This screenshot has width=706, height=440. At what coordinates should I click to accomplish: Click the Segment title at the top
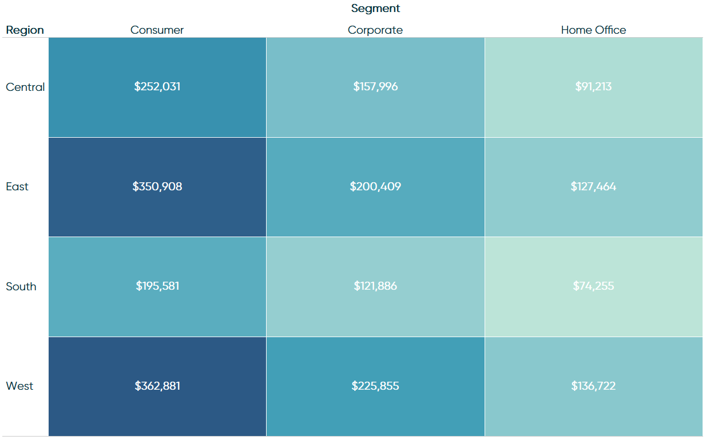375,9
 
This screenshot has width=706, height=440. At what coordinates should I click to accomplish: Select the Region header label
25,30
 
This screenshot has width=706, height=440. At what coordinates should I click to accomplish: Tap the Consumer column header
157,30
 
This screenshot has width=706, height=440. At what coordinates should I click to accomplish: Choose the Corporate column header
375,30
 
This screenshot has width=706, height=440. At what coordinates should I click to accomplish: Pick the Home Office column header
593,30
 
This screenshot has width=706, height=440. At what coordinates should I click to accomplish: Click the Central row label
25,87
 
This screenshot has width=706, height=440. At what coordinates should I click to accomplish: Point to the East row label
17,187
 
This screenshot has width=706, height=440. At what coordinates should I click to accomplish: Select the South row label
21,286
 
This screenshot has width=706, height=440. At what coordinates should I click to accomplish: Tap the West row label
19,386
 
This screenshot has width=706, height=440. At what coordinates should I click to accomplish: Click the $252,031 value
157,87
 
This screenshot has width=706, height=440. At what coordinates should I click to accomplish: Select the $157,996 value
375,87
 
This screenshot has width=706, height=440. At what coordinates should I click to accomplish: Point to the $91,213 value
593,87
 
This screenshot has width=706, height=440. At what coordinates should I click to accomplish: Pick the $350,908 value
157,187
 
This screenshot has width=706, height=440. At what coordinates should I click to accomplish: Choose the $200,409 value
375,187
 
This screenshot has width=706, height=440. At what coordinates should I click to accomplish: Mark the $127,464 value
593,187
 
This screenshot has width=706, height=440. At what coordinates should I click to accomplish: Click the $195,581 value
157,286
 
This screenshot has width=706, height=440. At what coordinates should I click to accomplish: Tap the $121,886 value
375,286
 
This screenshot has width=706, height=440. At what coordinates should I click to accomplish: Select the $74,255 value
593,286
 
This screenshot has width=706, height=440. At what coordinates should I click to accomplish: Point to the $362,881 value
157,386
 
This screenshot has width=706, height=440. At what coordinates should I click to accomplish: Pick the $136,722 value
593,386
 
